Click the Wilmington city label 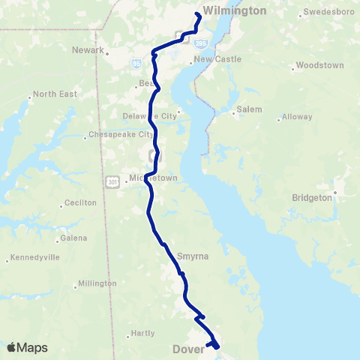point(235,10)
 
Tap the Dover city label point(188,349)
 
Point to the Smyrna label point(192,256)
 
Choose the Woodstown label point(319,65)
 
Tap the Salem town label point(249,109)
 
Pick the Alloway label point(298,117)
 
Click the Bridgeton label point(311,198)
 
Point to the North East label point(53,94)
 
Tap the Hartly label point(142,333)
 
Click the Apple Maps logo point(27,347)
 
